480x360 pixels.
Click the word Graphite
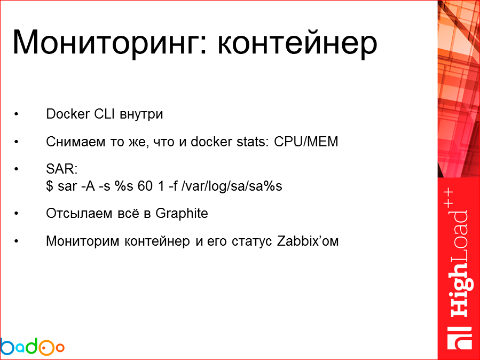pos(182,213)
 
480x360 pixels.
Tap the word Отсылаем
pos(72,213)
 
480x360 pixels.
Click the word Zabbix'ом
pos(308,241)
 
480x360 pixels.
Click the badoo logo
pos(32,347)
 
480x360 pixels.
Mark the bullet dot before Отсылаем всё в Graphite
pos(17,214)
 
